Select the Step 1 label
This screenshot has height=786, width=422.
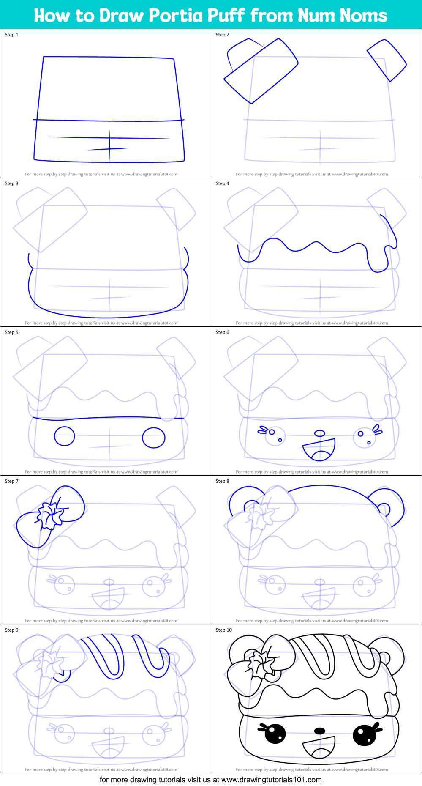coord(11,35)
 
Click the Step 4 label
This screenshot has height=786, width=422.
coord(222,183)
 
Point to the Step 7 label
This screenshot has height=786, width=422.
coord(11,481)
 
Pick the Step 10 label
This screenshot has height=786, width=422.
coord(223,630)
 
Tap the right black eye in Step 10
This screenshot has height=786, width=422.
coord(365,735)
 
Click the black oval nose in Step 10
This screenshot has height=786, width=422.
coord(320,731)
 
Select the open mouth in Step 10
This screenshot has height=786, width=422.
coord(320,748)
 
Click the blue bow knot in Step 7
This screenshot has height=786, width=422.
coord(50,516)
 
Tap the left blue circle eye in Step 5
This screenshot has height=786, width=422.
coord(64,436)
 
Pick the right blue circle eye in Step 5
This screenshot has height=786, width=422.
coord(153,438)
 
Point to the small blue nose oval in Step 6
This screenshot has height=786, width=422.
coord(320,433)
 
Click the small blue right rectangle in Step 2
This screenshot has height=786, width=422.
coord(387,60)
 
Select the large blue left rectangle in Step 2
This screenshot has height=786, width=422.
coord(261,71)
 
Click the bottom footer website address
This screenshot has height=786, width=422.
coord(271,780)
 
